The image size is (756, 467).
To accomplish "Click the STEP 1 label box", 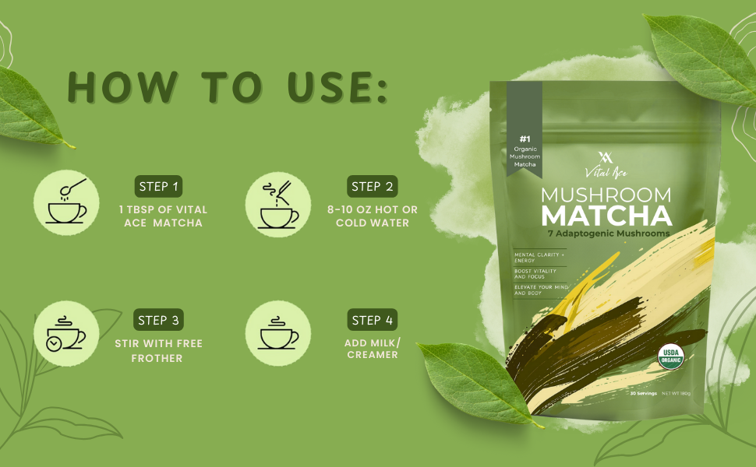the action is point(158,186).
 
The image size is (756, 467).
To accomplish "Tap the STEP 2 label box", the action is point(372,186).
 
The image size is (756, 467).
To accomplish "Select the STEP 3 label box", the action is point(158,320).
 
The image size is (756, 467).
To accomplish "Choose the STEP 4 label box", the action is point(372,320).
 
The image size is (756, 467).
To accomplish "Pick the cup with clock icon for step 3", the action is point(65,334).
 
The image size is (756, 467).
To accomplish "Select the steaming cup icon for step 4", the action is point(278,334).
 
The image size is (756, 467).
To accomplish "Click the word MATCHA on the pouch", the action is point(606,215).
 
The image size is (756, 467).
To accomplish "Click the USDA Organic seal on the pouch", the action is point(669,356).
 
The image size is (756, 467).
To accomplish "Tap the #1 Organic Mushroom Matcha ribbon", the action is point(525,148).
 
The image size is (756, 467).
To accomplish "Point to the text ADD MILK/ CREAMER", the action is point(372,348).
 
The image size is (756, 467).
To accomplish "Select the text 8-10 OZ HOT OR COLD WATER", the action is point(372,216).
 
